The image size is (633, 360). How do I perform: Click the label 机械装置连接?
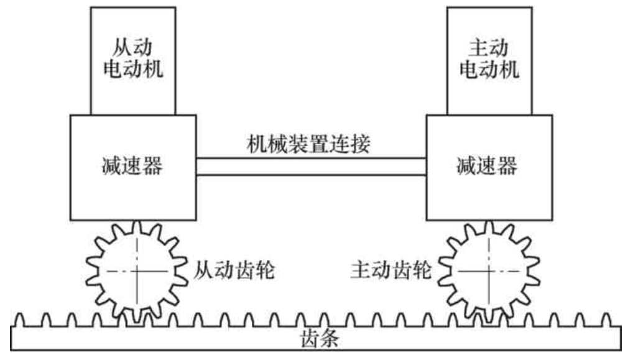(308, 144)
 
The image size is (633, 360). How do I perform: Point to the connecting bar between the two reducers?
(311, 167)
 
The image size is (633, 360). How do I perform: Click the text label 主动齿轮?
(390, 271)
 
